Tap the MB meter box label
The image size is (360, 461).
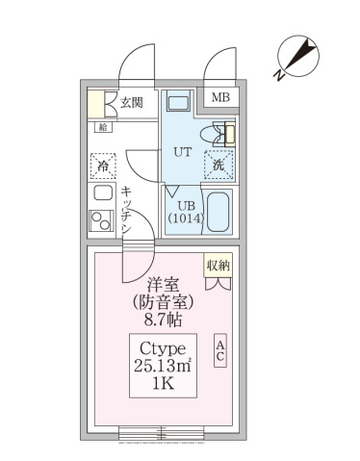click(x=220, y=98)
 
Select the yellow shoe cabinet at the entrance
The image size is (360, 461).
click(x=96, y=103)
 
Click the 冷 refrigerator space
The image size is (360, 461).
click(x=103, y=166)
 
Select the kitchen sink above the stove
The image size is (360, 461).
click(x=102, y=192)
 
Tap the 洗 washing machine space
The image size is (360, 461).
click(x=219, y=165)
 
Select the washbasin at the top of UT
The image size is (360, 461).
click(x=178, y=102)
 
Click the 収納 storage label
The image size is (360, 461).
click(x=218, y=265)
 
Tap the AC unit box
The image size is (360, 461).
click(x=220, y=350)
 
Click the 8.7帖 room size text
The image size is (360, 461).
click(x=164, y=319)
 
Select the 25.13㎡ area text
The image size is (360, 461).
click(x=164, y=366)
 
